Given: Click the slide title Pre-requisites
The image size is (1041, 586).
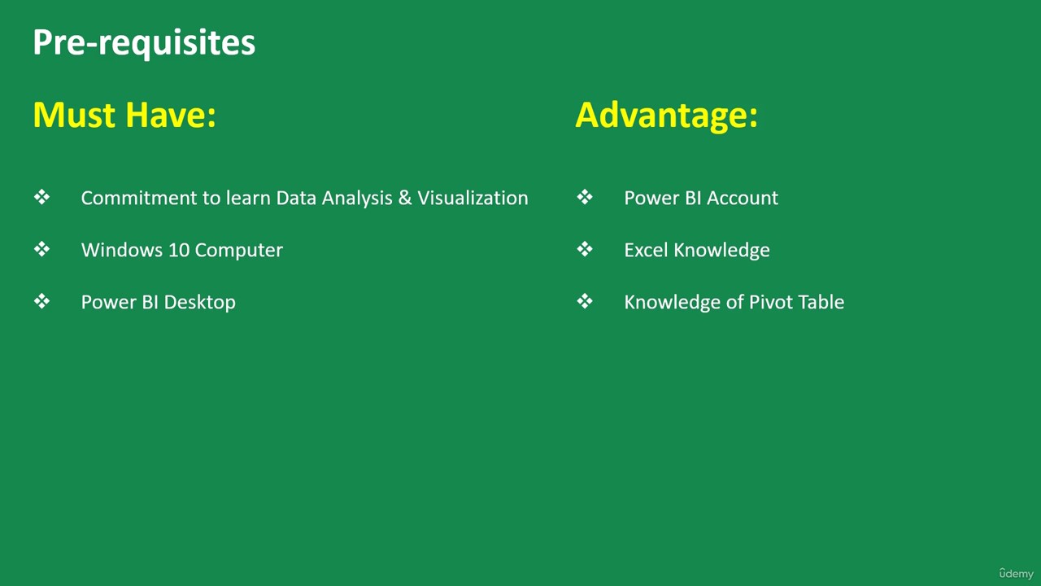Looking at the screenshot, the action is pyautogui.click(x=144, y=43).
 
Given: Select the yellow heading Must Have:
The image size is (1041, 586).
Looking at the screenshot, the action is pyautogui.click(x=124, y=115).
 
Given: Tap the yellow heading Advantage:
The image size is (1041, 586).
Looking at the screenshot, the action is pyautogui.click(x=666, y=116).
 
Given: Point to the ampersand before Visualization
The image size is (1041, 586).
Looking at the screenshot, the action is pyautogui.click(x=405, y=198).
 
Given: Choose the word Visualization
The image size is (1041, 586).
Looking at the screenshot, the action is pyautogui.click(x=473, y=198).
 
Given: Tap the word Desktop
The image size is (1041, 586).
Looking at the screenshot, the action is pyautogui.click(x=200, y=303).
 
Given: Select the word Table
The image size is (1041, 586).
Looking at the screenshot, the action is pyautogui.click(x=820, y=302).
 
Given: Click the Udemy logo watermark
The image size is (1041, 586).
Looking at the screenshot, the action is pyautogui.click(x=1016, y=573).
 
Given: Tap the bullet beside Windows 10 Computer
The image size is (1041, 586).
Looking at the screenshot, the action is pyautogui.click(x=41, y=249).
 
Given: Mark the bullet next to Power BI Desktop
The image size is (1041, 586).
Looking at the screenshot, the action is pyautogui.click(x=41, y=301).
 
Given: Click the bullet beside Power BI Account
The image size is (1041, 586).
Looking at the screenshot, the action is pyautogui.click(x=585, y=197).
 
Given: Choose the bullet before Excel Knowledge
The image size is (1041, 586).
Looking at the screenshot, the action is pyautogui.click(x=585, y=249).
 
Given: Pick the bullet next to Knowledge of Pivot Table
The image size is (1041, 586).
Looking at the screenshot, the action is pyautogui.click(x=585, y=301).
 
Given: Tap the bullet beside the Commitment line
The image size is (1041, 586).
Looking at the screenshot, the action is pyautogui.click(x=41, y=197).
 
